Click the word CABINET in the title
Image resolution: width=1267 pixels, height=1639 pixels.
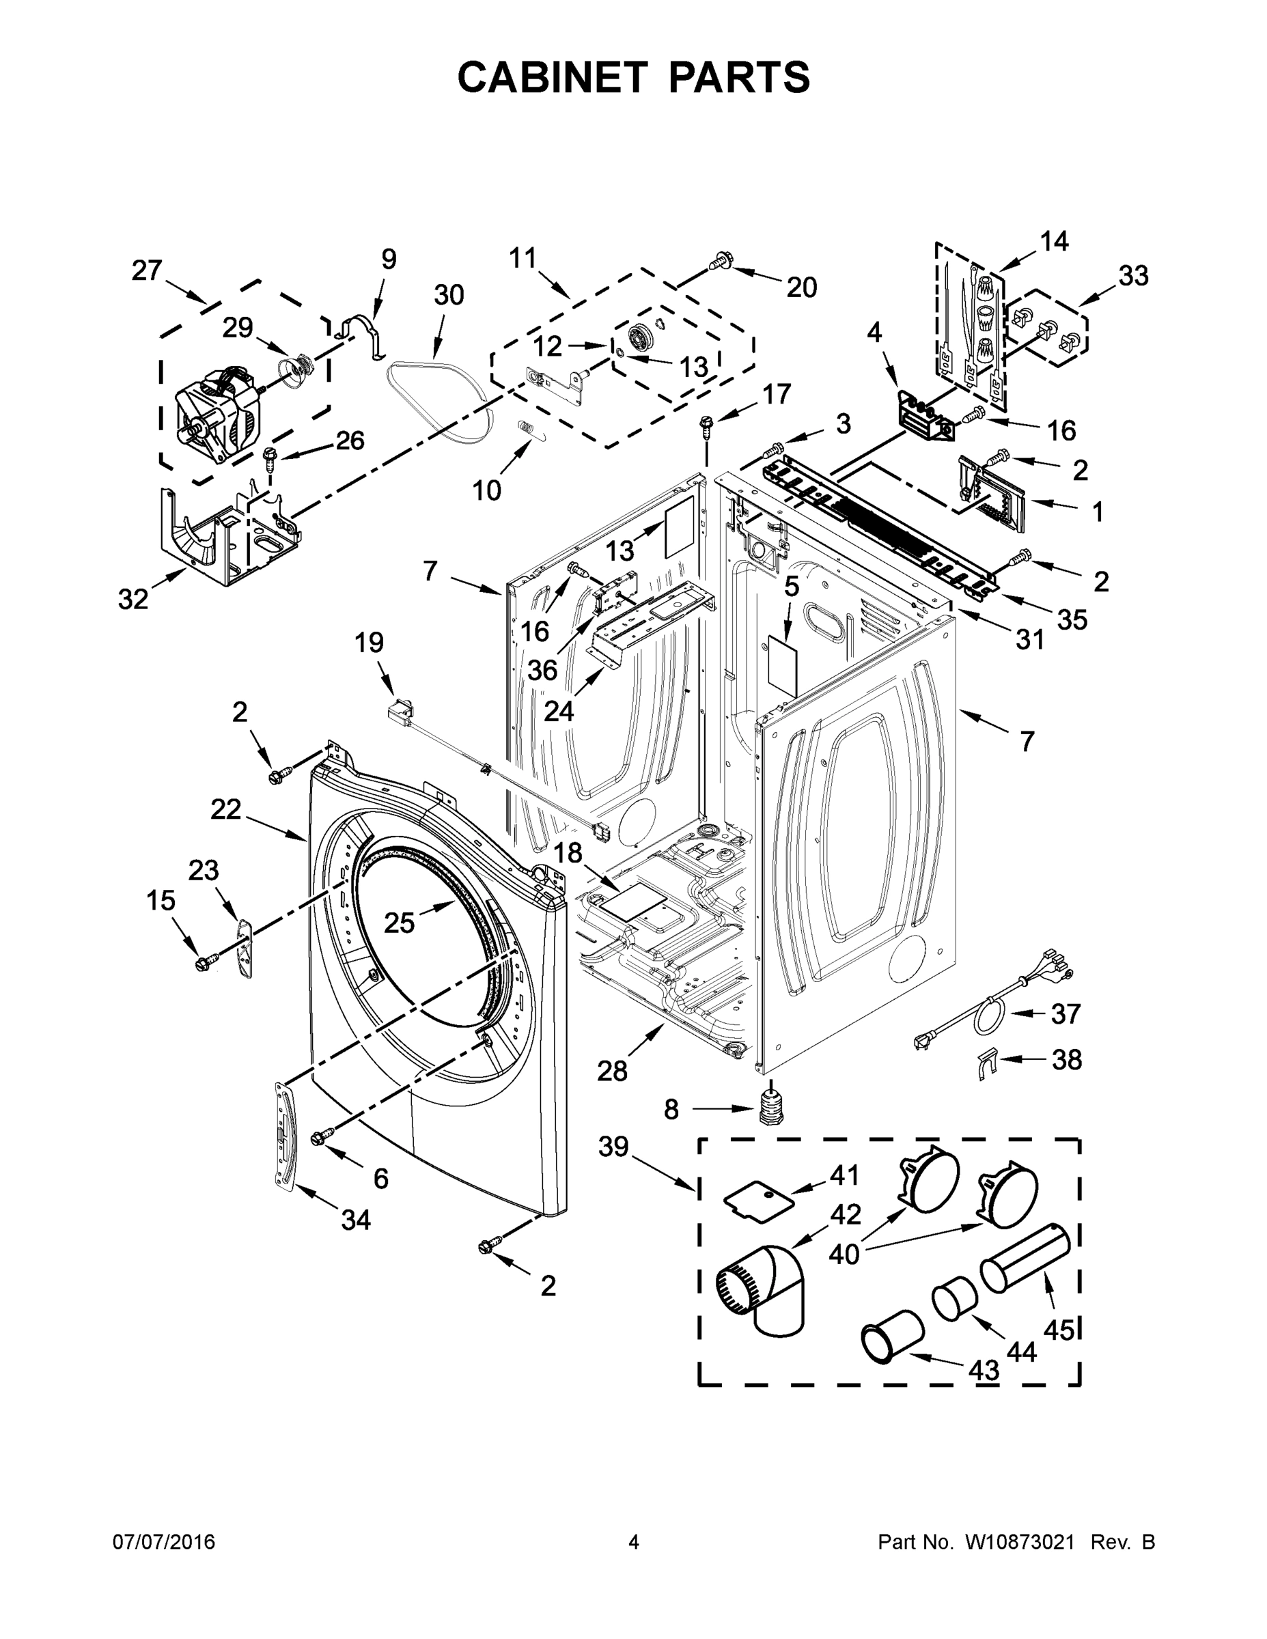[552, 77]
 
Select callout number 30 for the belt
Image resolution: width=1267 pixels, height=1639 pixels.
[449, 295]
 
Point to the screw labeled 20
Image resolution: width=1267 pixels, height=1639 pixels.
[720, 262]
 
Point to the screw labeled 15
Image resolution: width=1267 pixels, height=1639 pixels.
[204, 962]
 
